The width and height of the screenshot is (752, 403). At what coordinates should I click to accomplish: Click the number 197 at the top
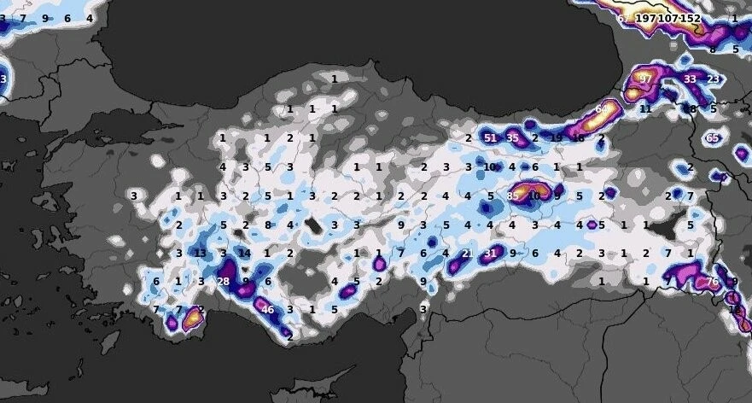646,18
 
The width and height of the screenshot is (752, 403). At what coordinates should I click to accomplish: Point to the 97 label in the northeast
645,79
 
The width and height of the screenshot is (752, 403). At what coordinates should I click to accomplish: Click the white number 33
690,79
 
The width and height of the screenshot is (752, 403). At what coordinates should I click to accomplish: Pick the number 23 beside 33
713,79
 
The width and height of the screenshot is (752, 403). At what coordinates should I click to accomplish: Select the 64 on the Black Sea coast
602,109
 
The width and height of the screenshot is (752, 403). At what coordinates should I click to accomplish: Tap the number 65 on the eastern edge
713,138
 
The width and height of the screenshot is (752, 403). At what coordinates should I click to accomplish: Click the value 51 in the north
490,138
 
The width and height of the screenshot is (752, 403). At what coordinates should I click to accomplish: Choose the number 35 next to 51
512,138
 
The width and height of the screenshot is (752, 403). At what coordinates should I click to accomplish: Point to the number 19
557,138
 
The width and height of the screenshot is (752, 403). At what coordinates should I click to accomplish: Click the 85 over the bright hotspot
512,196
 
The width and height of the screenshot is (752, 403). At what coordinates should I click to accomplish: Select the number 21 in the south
467,254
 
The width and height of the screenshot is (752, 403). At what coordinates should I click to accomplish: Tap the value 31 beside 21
490,254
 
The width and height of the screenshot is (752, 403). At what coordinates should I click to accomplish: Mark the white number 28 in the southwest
224,282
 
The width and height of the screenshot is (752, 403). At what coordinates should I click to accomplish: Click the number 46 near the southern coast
268,310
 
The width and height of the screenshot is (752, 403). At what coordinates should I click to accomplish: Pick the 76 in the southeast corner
713,282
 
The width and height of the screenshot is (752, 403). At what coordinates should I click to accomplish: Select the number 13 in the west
201,254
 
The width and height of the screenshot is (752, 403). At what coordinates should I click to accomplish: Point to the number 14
245,254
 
